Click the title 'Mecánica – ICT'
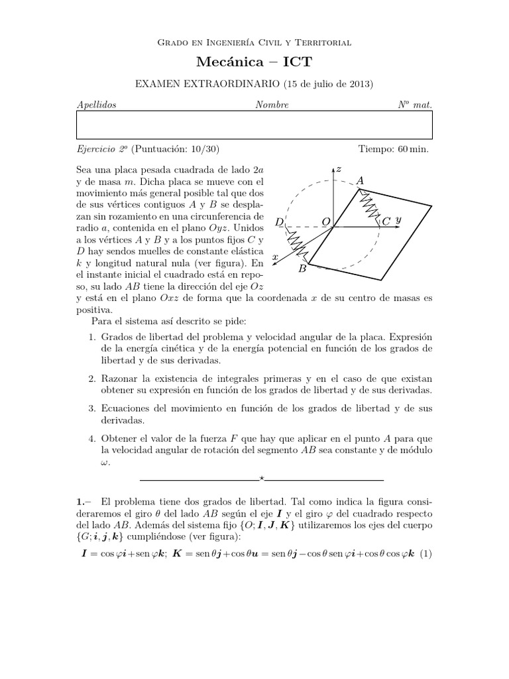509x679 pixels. (254, 62)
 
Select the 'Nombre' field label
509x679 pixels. (272, 105)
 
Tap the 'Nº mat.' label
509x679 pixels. (414, 105)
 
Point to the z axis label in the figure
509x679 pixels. (339, 170)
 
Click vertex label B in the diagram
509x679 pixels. (302, 269)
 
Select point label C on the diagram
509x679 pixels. (386, 221)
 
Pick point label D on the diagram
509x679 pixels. (279, 221)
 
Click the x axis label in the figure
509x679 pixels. (274, 256)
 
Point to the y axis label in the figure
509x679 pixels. (398, 219)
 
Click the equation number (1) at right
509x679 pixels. (425, 554)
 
